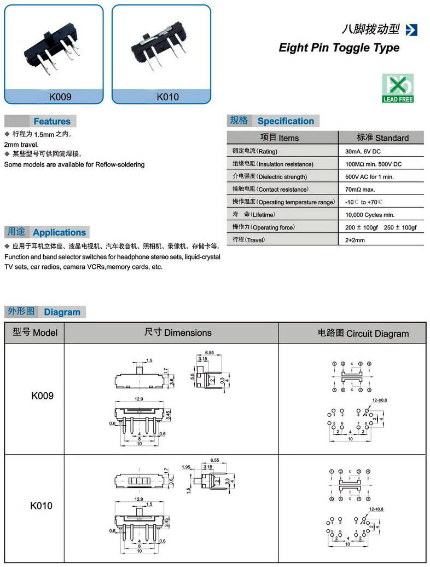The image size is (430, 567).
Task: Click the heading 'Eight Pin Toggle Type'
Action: pos(339,48)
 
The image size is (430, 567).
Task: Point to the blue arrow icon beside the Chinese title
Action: pos(412,30)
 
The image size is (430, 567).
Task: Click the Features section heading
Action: pos(51,121)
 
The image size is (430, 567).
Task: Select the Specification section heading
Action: pos(286,121)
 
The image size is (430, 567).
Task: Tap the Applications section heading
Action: pos(59,232)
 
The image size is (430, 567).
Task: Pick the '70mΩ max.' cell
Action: pos(360,190)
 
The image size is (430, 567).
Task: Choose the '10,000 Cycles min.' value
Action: pos(370,215)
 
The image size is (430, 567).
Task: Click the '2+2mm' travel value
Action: pos(355,240)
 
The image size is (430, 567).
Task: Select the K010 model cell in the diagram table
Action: pos(42,506)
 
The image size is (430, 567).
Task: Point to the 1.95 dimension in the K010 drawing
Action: pos(186,467)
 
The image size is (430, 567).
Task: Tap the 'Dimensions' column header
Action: pos(178,333)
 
